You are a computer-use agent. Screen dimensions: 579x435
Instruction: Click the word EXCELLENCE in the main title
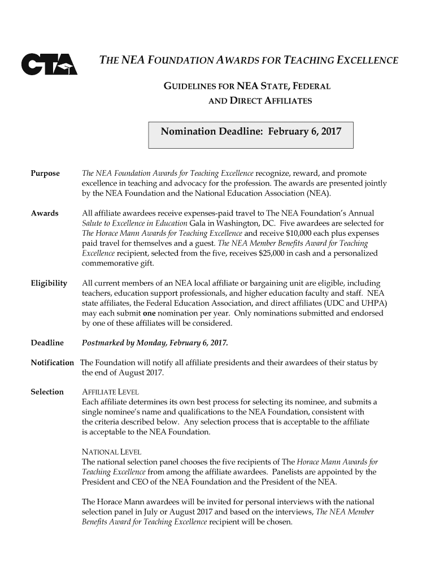367,61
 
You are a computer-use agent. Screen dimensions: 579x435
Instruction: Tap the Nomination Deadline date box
251,134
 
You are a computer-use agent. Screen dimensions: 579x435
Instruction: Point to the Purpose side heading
45,173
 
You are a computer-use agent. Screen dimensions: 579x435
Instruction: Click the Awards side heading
45,213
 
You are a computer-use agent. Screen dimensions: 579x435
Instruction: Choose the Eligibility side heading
49,283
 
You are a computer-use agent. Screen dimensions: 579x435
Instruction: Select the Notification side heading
52,362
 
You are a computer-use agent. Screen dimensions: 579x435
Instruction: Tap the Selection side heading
47,392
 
